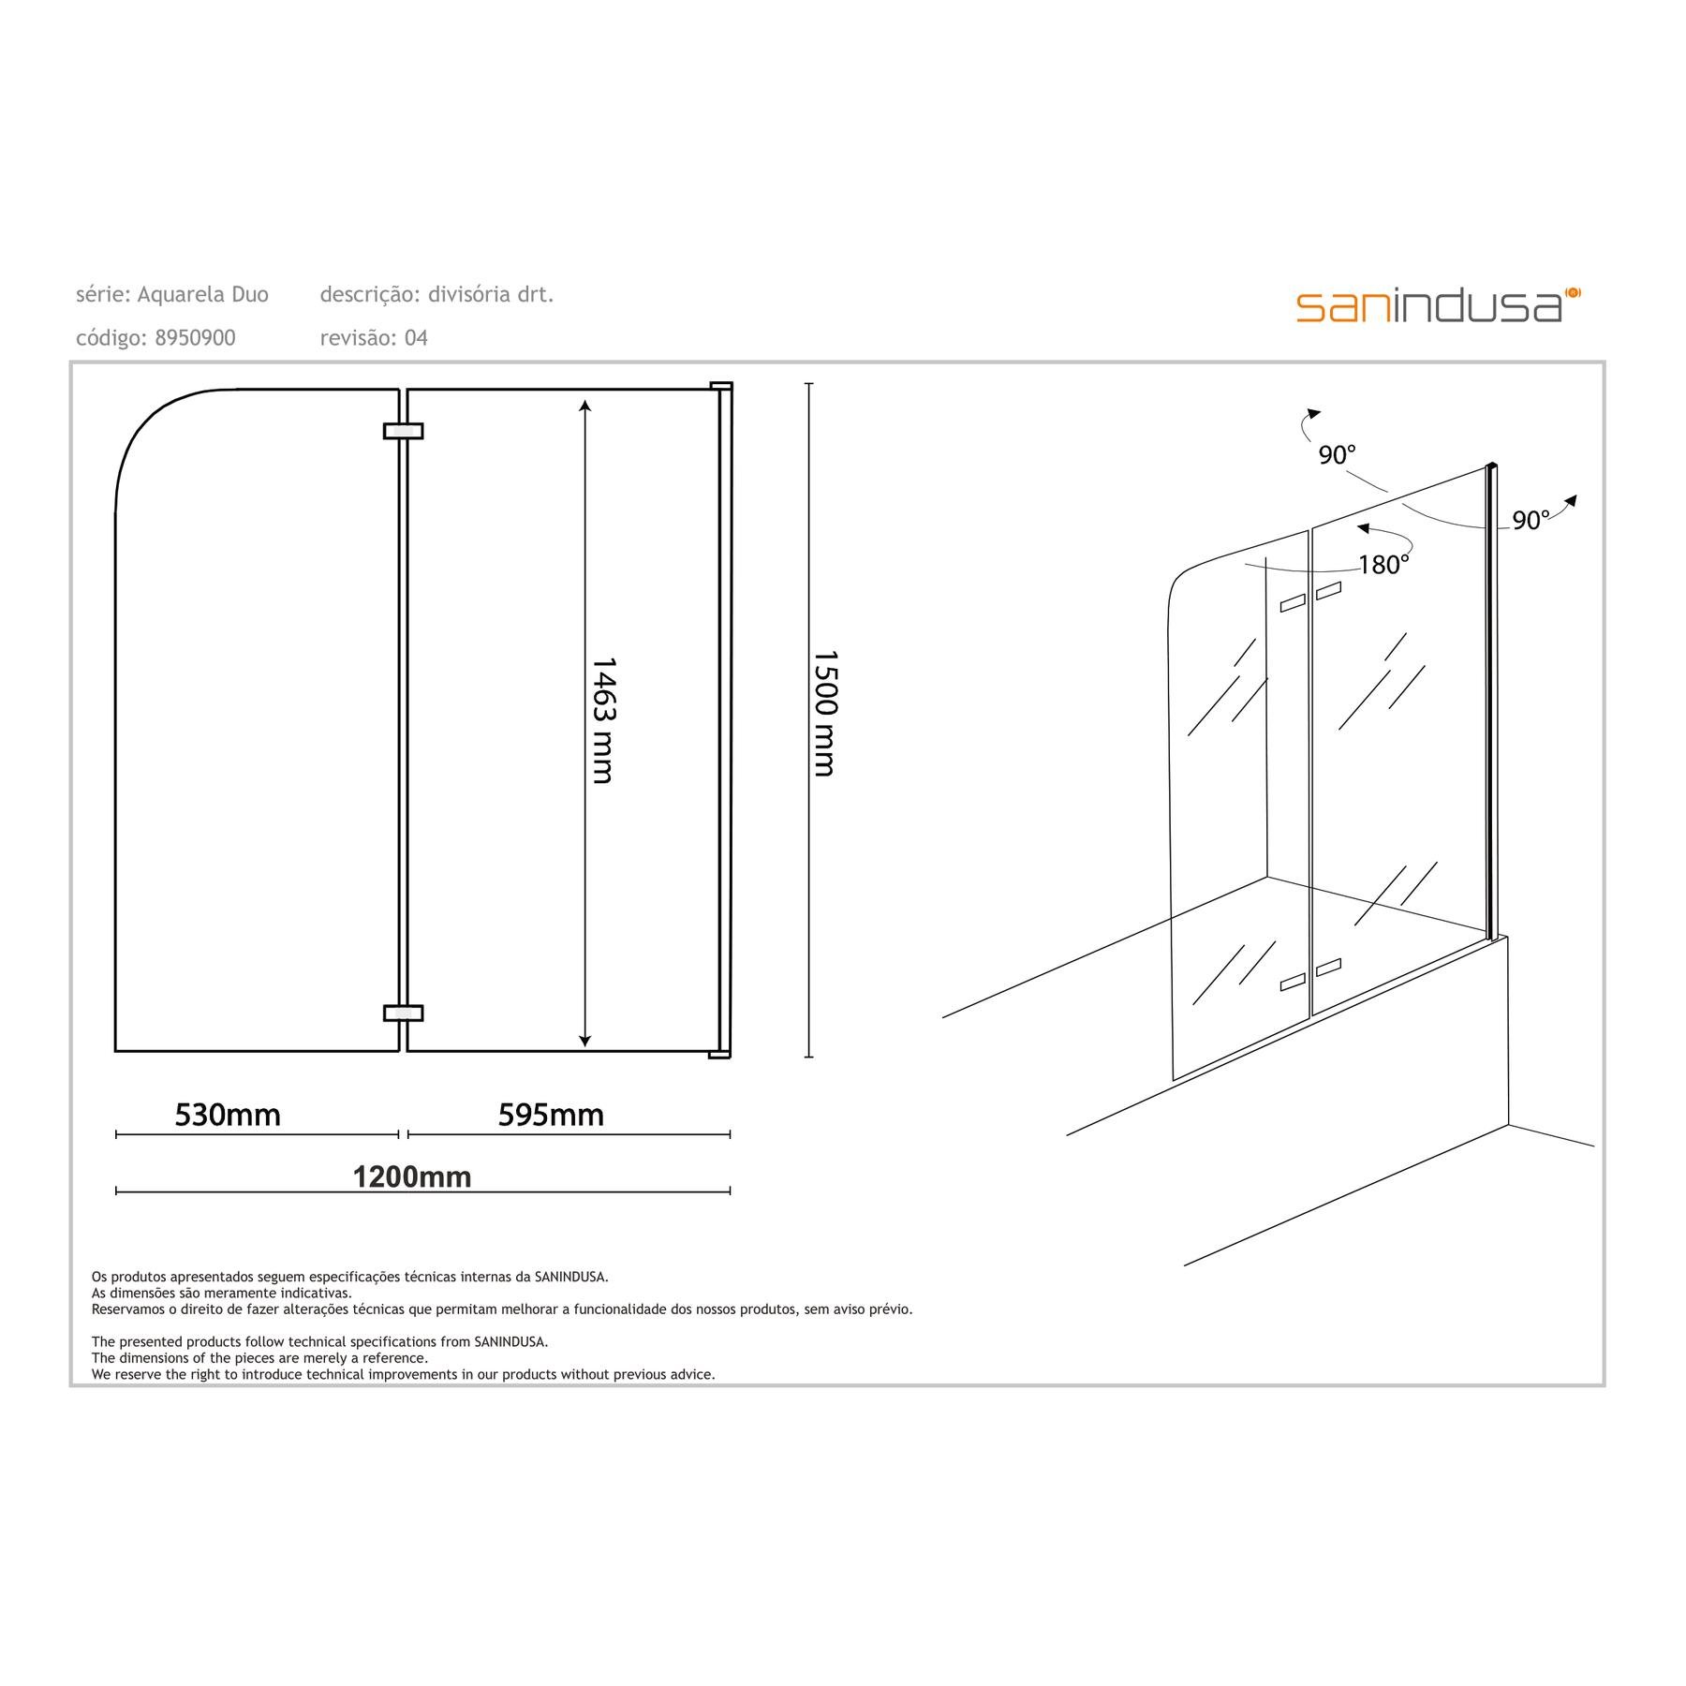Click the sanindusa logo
coord(1438,305)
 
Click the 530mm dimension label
coord(228,1115)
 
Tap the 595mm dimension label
coord(551,1115)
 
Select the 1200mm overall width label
coord(412,1176)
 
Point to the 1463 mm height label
coord(602,719)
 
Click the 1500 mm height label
coord(823,714)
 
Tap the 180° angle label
coord(1384,565)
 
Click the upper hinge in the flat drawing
coord(404,431)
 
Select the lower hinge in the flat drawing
coord(404,1013)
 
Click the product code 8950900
coord(195,338)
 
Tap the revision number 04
coord(416,338)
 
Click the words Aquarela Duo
coord(203,295)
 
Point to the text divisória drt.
coord(491,295)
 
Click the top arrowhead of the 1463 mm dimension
coord(585,406)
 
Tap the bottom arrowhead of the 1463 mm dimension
coord(585,1040)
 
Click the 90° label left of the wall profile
coord(1337,455)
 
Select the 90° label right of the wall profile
coord(1531,521)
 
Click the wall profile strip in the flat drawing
coord(725,719)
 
